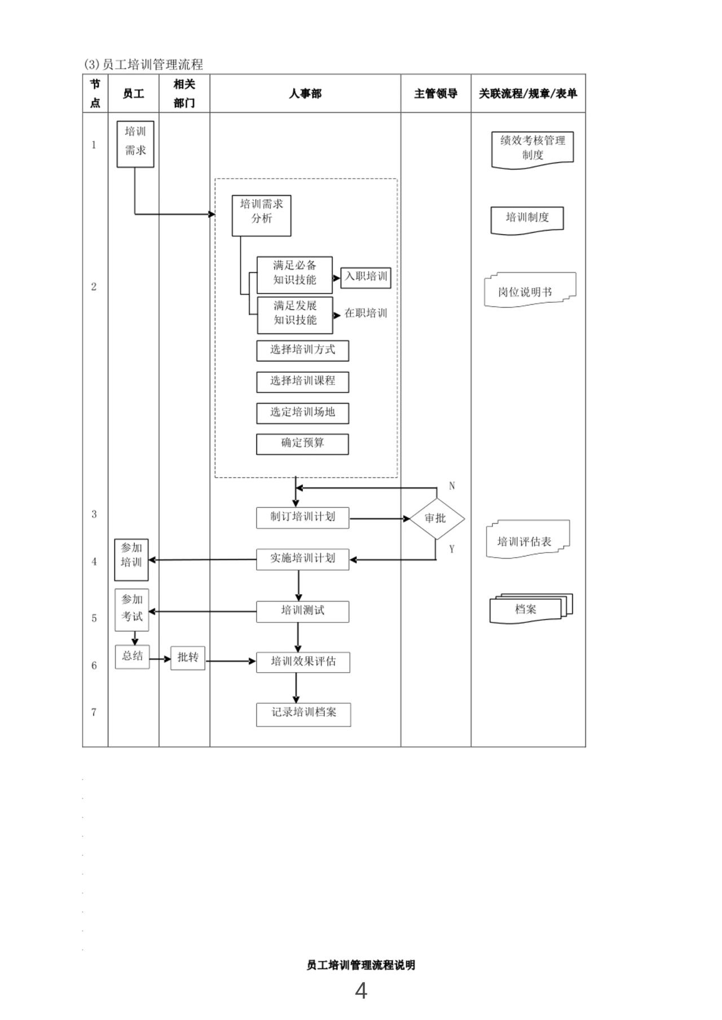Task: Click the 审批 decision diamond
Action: coord(436,518)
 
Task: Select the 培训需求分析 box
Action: coord(262,215)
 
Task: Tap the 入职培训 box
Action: coord(366,277)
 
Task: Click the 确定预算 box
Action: coord(302,444)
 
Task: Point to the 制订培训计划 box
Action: coord(302,518)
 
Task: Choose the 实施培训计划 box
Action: coord(302,559)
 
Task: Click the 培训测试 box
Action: coord(302,611)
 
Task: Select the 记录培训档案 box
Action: coord(303,714)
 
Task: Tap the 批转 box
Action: coord(188,658)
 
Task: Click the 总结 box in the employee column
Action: coord(133,657)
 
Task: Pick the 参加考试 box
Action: coord(132,610)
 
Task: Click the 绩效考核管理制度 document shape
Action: coord(532,149)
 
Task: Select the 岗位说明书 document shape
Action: coord(530,291)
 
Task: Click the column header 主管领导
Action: coord(435,94)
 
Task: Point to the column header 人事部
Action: coord(305,94)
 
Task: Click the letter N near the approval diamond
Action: coord(452,486)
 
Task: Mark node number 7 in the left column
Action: coord(94,712)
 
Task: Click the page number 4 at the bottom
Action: coord(361,991)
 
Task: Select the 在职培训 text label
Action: coord(366,313)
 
